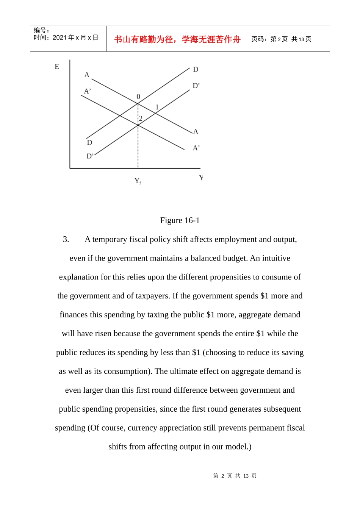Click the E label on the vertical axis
pyautogui.click(x=57, y=67)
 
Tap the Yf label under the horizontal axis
pyautogui.click(x=138, y=181)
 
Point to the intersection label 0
pyautogui.click(x=138, y=97)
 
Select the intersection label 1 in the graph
pyautogui.click(x=157, y=107)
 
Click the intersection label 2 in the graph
pyautogui.click(x=141, y=119)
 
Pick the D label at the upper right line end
pyautogui.click(x=196, y=69)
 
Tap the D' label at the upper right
pyautogui.click(x=196, y=86)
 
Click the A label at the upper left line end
pyautogui.click(x=87, y=75)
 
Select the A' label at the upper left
pyautogui.click(x=88, y=91)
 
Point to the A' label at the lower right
pyautogui.click(x=196, y=148)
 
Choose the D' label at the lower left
pyautogui.click(x=90, y=156)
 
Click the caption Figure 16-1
pyautogui.click(x=180, y=220)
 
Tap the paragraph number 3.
pyautogui.click(x=66, y=239)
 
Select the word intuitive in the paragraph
pyautogui.click(x=276, y=258)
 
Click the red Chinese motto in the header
pyautogui.click(x=177, y=39)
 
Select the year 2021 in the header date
pyautogui.click(x=59, y=37)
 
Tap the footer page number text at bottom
pyautogui.click(x=235, y=476)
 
